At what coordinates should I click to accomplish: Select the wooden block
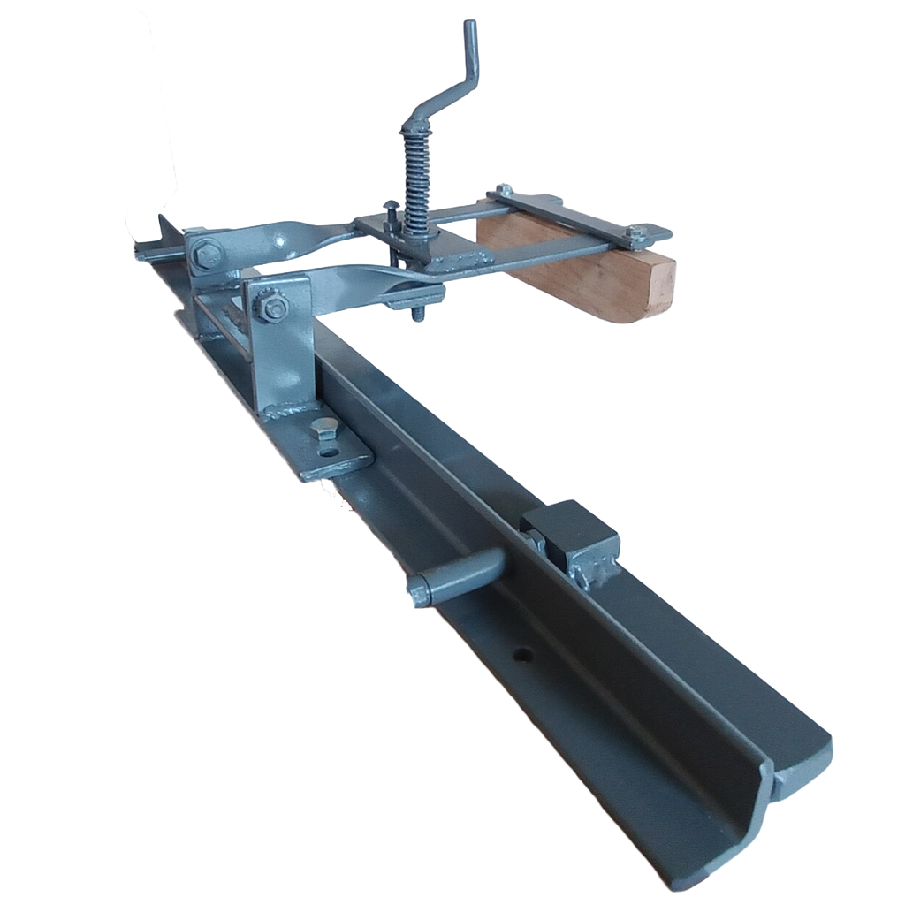coord(574,270)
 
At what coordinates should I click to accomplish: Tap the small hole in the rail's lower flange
coord(524,655)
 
